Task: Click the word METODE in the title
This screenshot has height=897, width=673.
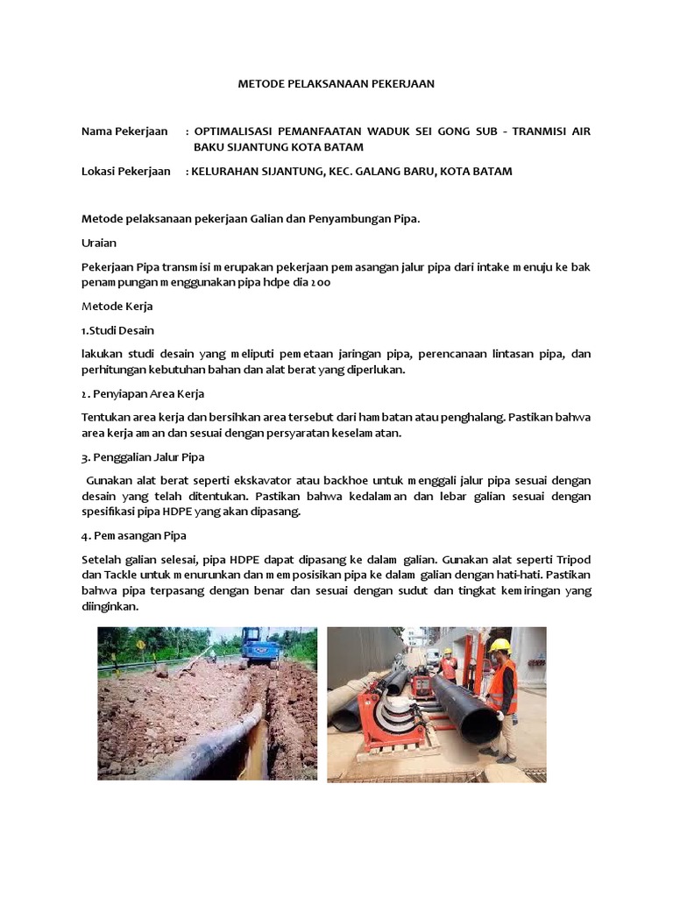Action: point(260,84)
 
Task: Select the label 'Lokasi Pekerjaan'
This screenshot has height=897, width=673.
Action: point(125,171)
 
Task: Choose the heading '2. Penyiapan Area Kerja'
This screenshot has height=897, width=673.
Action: point(142,393)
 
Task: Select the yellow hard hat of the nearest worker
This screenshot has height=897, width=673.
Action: point(500,645)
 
